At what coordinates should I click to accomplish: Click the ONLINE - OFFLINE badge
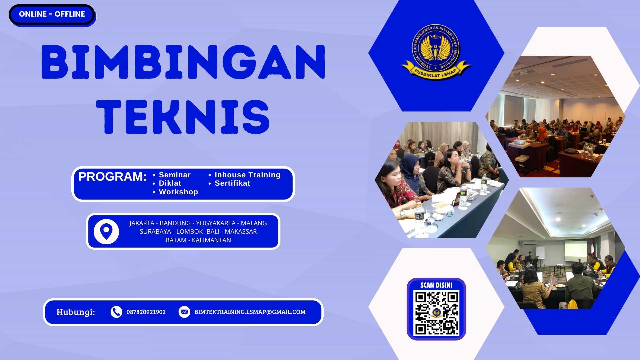pyautogui.click(x=52, y=14)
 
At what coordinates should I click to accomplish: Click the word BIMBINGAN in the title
pyautogui.click(x=183, y=62)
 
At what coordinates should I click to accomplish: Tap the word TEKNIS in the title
pyautogui.click(x=183, y=117)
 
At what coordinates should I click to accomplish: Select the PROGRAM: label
pyautogui.click(x=112, y=176)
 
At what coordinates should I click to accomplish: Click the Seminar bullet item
pyautogui.click(x=175, y=175)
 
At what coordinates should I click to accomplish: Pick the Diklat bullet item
pyautogui.click(x=170, y=183)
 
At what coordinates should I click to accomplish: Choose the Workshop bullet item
pyautogui.click(x=178, y=192)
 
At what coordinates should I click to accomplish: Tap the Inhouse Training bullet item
pyautogui.click(x=247, y=175)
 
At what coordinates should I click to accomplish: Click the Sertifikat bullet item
pyautogui.click(x=232, y=183)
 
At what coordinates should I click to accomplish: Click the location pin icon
pyautogui.click(x=106, y=231)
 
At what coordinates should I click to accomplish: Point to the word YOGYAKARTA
pyautogui.click(x=216, y=223)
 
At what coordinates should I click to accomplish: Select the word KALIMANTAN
pyautogui.click(x=211, y=240)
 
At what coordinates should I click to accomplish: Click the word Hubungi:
pyautogui.click(x=76, y=312)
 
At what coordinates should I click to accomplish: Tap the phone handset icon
pyautogui.click(x=116, y=312)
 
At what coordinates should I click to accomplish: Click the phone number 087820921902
pyautogui.click(x=146, y=312)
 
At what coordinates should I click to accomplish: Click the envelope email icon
pyautogui.click(x=184, y=312)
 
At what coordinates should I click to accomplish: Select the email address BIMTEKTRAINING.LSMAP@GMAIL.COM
pyautogui.click(x=250, y=312)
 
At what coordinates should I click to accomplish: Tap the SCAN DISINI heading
pyautogui.click(x=436, y=285)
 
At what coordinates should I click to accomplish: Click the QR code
pyautogui.click(x=436, y=313)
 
